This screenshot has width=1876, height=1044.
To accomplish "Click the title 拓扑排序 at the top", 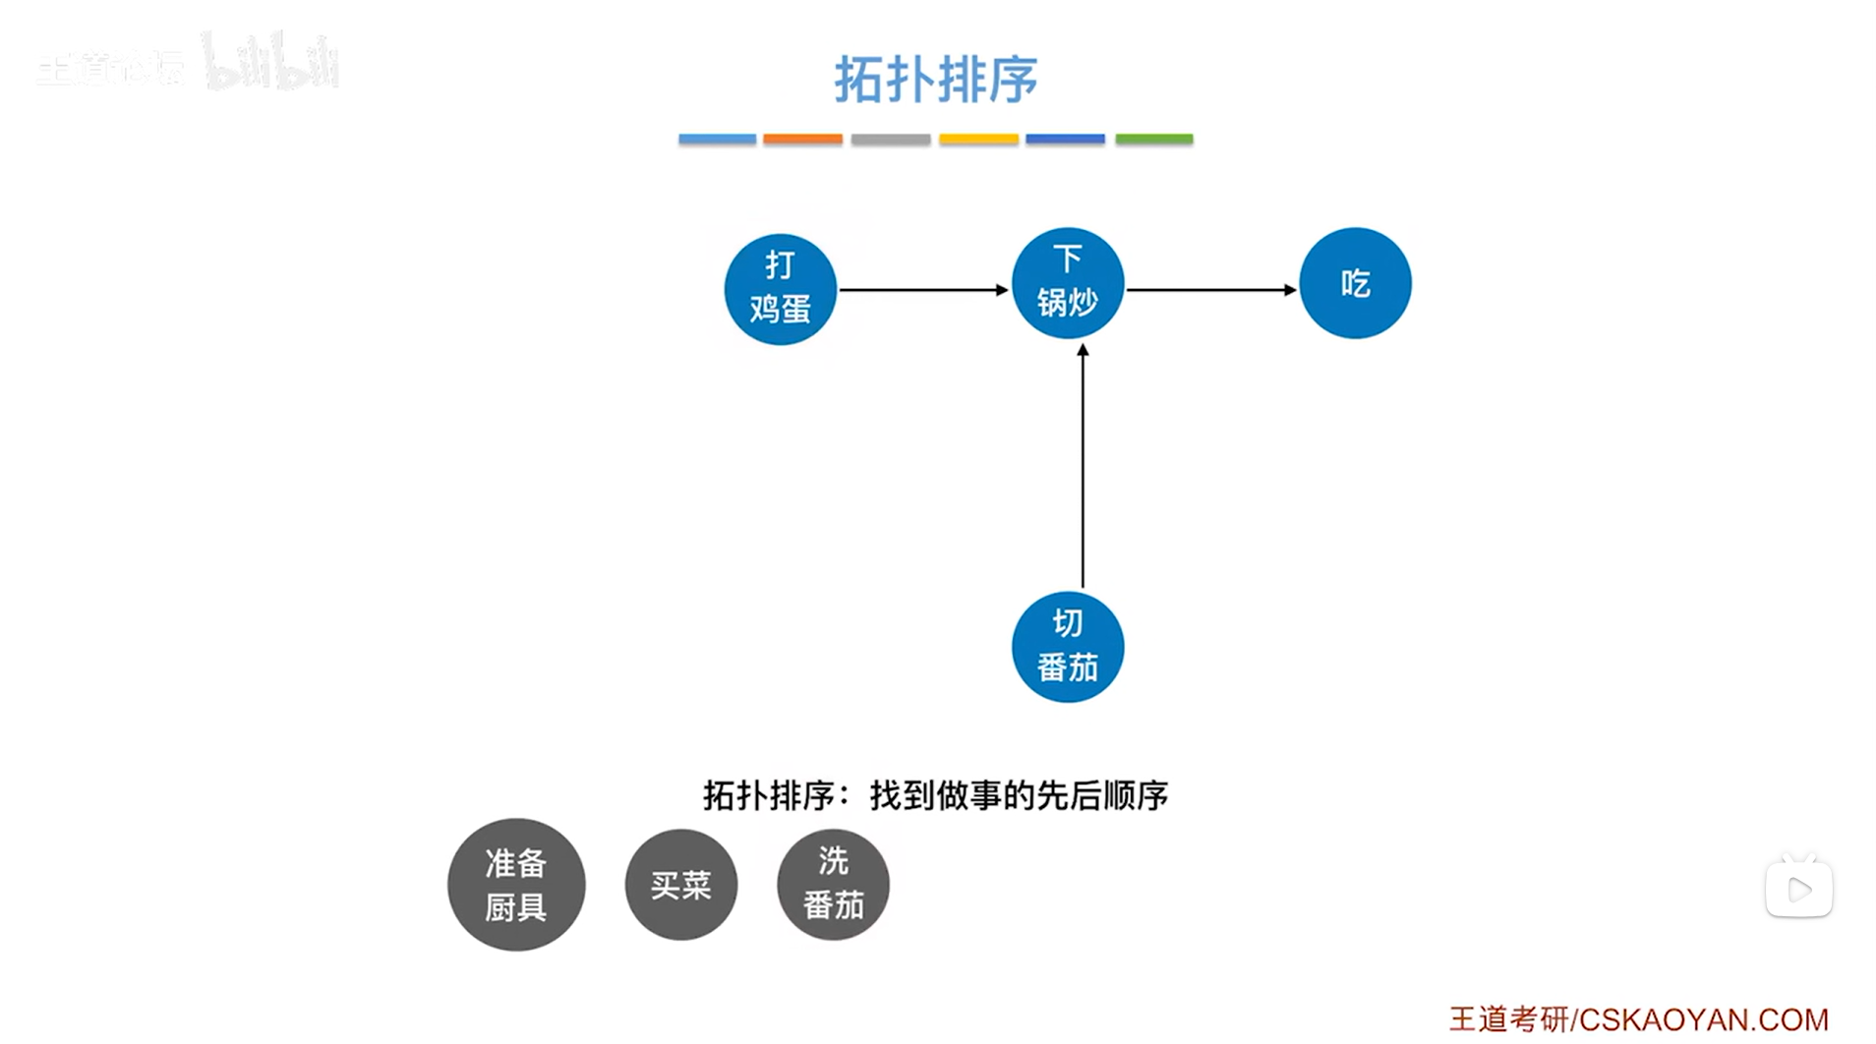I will click(935, 79).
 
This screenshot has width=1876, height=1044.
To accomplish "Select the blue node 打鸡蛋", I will click(780, 289).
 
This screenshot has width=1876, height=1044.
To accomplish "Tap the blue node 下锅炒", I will click(1067, 283).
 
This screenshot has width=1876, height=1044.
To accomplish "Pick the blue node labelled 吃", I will click(1355, 283).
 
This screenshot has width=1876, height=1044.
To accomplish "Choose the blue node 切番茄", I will click(1067, 647).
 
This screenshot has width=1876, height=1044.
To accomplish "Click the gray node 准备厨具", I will click(516, 885).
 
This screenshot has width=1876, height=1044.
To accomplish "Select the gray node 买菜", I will click(680, 885).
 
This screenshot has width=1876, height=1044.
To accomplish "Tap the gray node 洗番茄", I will click(833, 885).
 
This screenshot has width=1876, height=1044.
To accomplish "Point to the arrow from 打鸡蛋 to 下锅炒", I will click(922, 290).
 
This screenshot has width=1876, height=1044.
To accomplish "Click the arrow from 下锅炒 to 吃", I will click(1210, 290).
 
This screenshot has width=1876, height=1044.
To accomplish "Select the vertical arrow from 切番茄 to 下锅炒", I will click(1083, 467).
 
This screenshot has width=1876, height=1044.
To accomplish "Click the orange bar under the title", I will click(802, 140).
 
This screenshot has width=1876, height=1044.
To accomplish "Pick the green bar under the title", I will click(1153, 140).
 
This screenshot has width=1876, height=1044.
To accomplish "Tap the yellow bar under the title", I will click(977, 140).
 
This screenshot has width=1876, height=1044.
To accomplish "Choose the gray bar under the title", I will click(890, 140).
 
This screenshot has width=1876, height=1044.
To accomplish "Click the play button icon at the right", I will click(1798, 890).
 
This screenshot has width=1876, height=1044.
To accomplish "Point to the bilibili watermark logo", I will click(270, 64).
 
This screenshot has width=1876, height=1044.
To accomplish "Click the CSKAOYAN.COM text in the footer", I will click(1703, 1019).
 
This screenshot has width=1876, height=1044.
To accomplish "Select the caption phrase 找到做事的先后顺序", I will click(1019, 795).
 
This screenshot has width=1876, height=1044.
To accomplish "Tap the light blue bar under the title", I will click(717, 140).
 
